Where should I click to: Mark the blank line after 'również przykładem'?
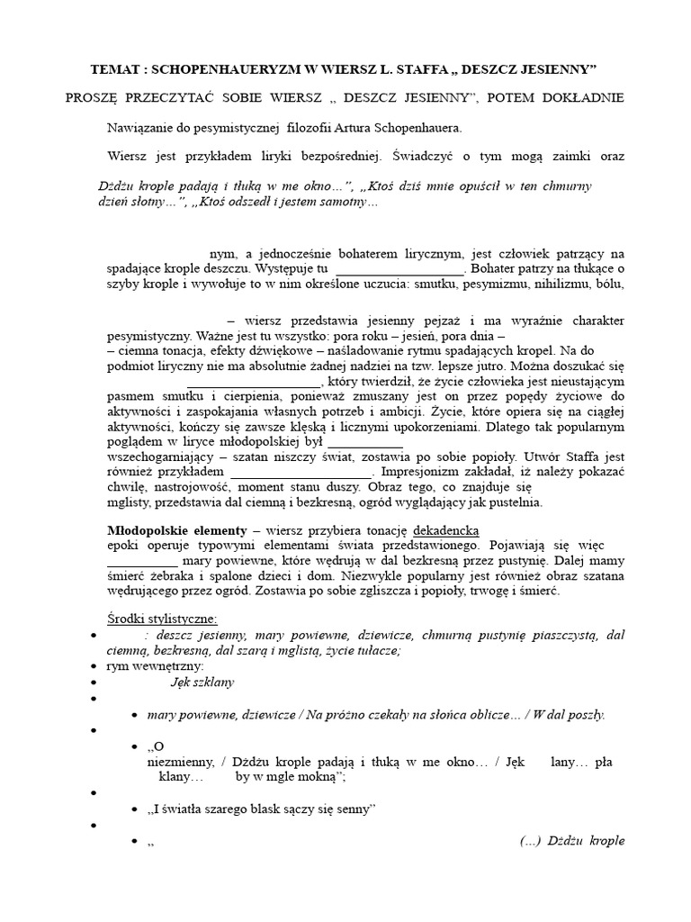301,472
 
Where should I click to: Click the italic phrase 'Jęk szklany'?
202,682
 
